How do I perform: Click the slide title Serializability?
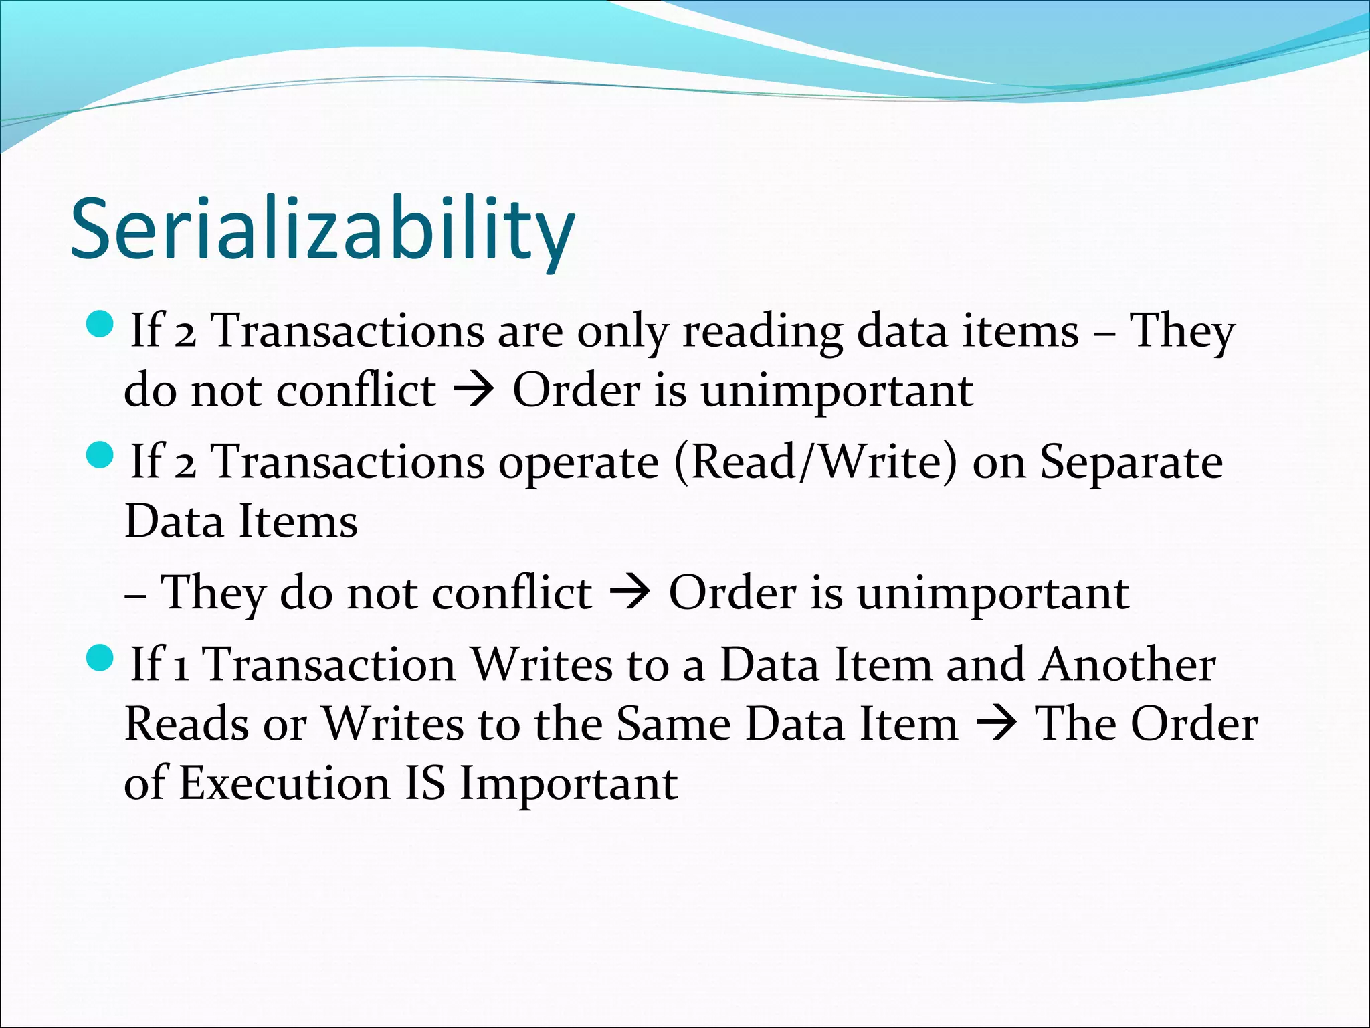pyautogui.click(x=322, y=230)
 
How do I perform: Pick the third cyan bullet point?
pyautogui.click(x=102, y=659)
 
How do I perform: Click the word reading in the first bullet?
pyautogui.click(x=763, y=333)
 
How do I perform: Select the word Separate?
pyautogui.click(x=1131, y=463)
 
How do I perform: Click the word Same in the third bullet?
pyautogui.click(x=673, y=724)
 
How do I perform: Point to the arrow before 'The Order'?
pyautogui.click(x=997, y=724)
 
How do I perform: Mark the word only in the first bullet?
pyautogui.click(x=622, y=333)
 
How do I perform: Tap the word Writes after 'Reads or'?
pyautogui.click(x=393, y=724)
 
